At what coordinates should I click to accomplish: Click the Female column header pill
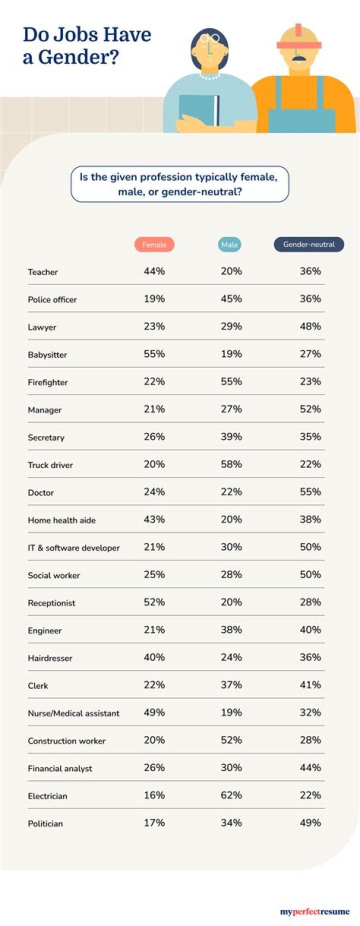(154, 244)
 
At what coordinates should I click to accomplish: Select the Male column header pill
(229, 244)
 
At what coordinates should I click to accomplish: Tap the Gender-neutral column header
(308, 244)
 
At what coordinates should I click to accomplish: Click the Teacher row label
(43, 272)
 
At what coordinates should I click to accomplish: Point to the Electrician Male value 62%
(231, 795)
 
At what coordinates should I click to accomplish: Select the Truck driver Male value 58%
(231, 464)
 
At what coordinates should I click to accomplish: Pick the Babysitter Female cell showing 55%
(154, 354)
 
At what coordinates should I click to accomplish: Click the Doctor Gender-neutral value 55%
(310, 491)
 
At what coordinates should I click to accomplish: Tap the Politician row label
(45, 823)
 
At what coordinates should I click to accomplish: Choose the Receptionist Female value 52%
(154, 602)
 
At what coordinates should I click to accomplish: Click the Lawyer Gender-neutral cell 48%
(310, 326)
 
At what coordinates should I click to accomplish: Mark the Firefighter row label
(47, 382)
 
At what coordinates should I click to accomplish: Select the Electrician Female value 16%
(154, 795)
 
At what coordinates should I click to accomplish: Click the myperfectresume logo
(314, 911)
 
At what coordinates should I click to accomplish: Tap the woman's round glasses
(210, 38)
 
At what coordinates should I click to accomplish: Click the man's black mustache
(298, 58)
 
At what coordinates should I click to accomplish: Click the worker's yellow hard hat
(299, 36)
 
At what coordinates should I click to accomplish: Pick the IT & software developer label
(73, 548)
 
